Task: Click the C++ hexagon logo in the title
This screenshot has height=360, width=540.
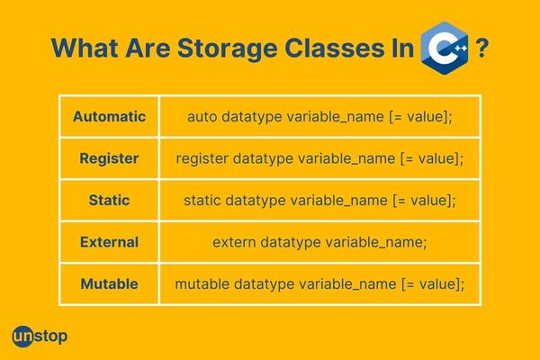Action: point(445,48)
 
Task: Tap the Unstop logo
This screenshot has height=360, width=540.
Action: point(40,337)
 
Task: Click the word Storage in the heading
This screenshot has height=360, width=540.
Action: point(228,49)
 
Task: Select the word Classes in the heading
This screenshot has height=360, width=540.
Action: point(334,48)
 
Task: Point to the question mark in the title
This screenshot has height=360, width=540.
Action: point(482,48)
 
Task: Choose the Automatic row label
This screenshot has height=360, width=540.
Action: point(109,116)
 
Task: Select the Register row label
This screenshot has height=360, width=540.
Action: point(109,158)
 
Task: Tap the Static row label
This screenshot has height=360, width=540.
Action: point(109,200)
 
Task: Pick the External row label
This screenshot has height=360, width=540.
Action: point(109,242)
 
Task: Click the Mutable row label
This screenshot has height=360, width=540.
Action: point(109,284)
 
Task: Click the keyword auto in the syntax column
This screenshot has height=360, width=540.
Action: point(202,117)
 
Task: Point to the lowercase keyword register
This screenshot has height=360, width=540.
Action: point(202,158)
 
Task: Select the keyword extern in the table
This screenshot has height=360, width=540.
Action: point(234,242)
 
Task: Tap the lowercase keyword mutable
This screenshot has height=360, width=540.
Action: point(202,284)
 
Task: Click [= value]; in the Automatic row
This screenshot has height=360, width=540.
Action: point(420,117)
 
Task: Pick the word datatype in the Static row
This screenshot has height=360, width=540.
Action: point(256,201)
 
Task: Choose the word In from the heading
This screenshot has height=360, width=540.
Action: point(402,48)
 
